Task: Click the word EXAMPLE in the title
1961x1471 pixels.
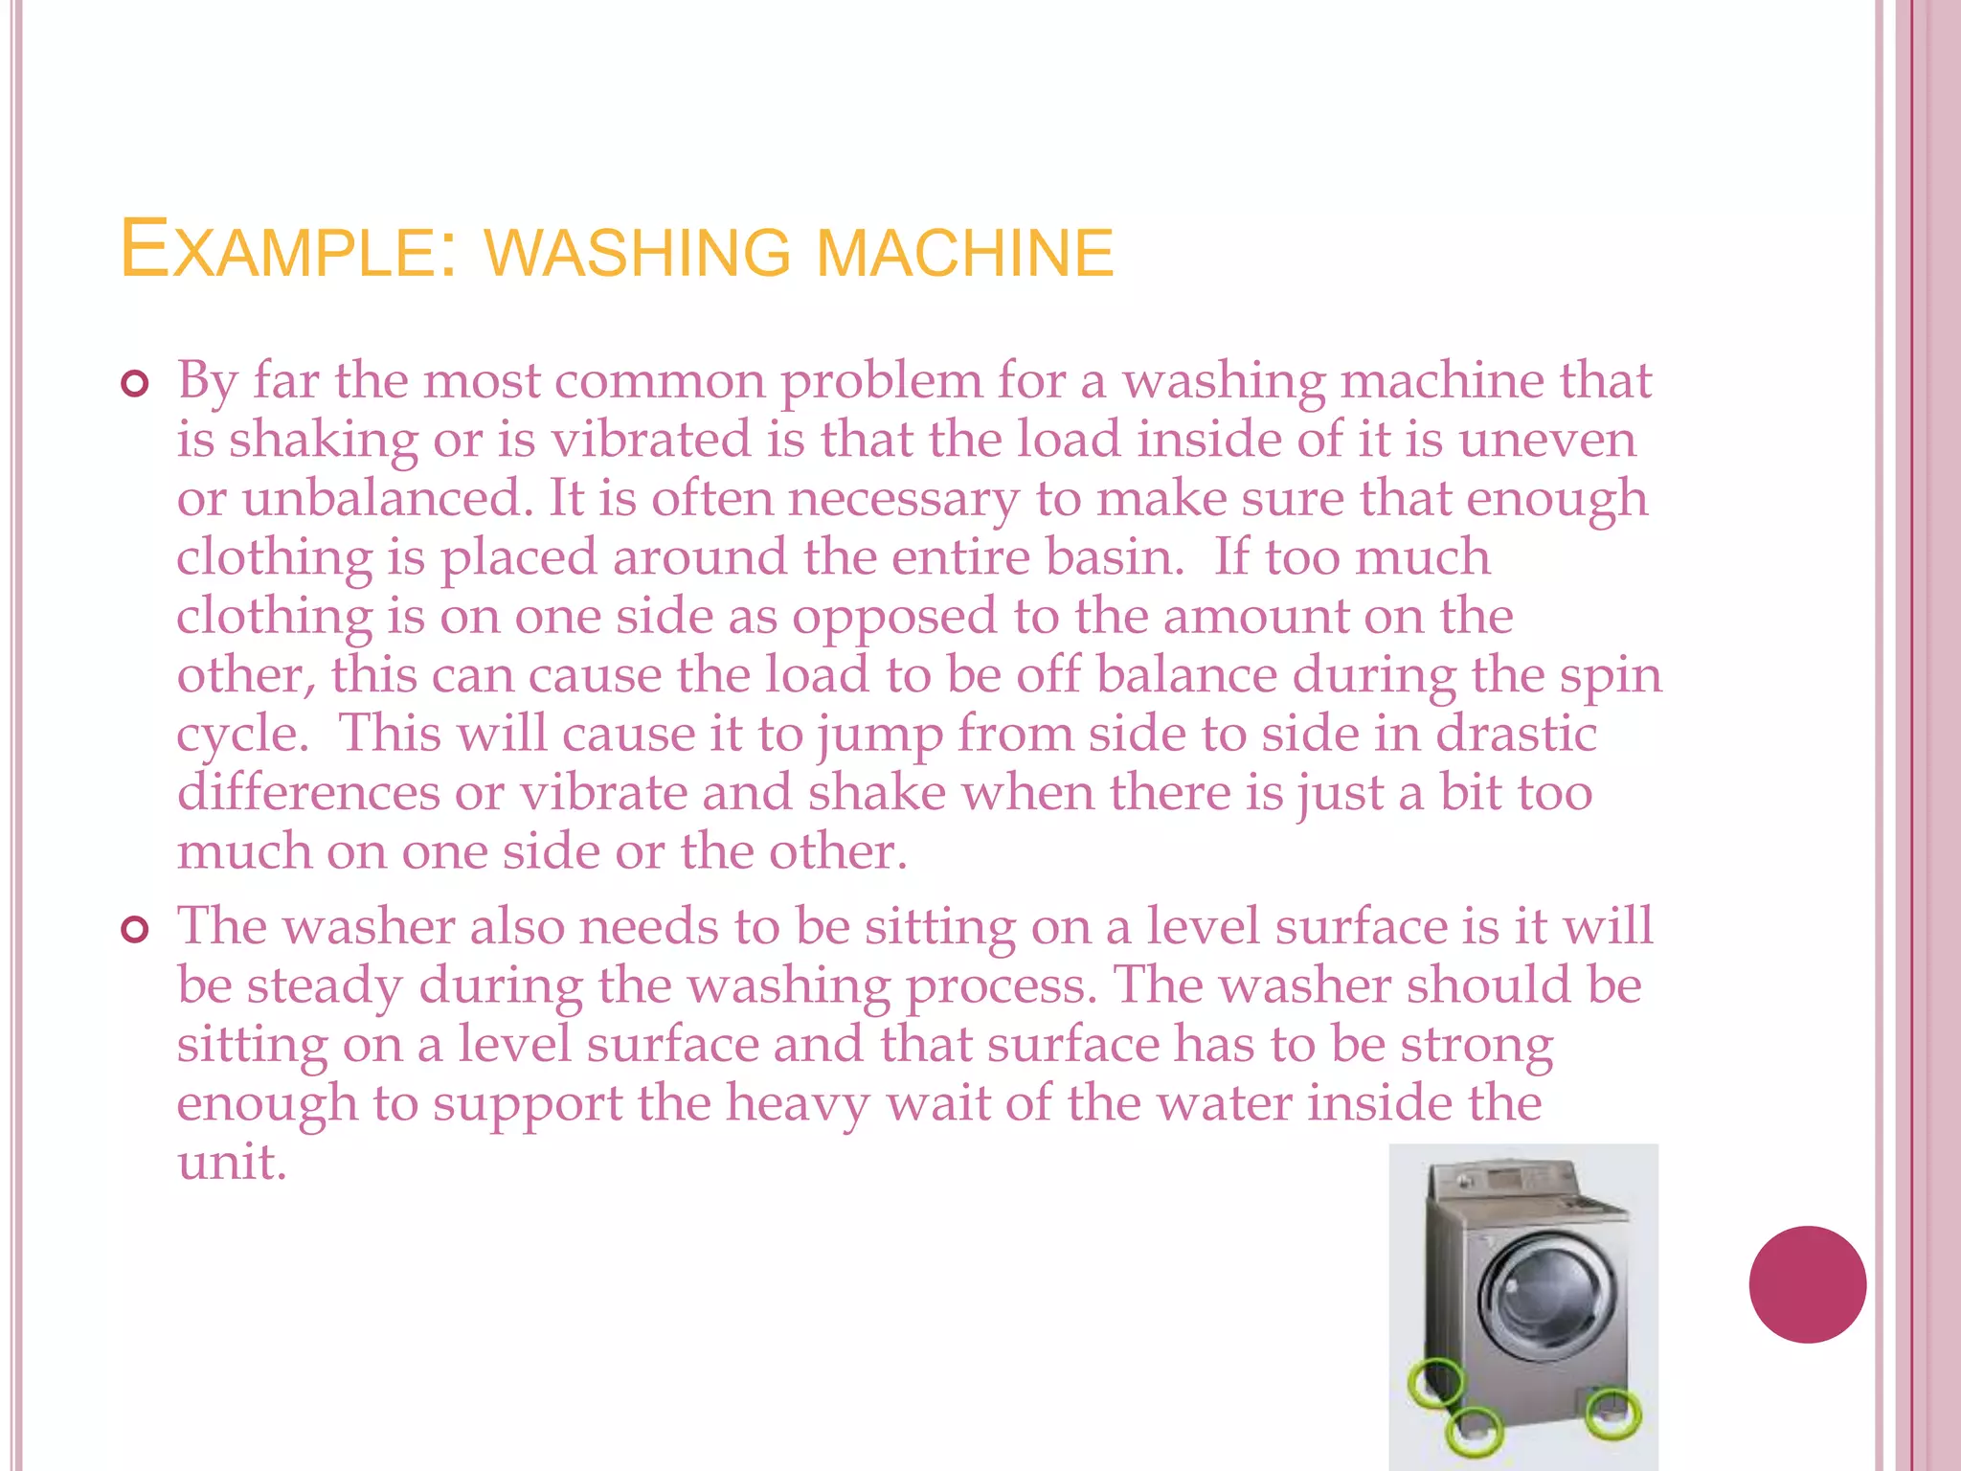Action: (278, 251)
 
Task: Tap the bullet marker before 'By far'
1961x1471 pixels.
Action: (135, 385)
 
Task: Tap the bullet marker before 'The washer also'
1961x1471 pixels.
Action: (135, 930)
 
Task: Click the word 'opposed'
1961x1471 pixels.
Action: (894, 616)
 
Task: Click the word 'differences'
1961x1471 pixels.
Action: (307, 793)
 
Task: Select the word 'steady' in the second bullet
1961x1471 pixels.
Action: (325, 987)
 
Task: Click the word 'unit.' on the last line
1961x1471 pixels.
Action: (232, 1163)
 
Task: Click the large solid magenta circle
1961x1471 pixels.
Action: (1807, 1284)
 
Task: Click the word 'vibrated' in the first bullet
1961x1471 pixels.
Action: (651, 440)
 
